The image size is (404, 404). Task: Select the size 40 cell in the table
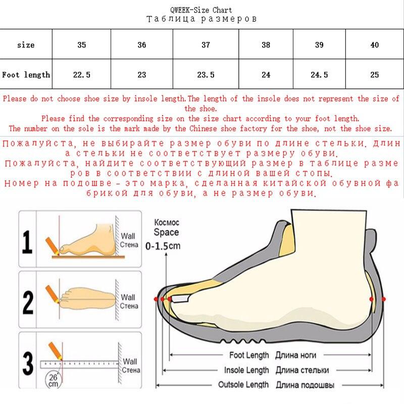pos(374,45)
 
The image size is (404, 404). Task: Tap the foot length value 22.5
pos(82,75)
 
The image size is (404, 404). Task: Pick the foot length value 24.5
pos(319,75)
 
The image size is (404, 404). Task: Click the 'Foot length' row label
pos(26,75)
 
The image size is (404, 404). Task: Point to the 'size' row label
pos(26,45)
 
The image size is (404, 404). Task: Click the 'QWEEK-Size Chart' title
pos(201,10)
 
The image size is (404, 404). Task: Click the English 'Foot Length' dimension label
pos(249,356)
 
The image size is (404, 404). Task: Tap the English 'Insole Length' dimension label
pos(246,370)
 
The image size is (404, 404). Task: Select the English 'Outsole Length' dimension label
pos(243,385)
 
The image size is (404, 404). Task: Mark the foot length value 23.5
pos(206,75)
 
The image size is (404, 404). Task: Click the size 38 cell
pos(266,45)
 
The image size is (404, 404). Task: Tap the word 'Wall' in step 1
pos(129,235)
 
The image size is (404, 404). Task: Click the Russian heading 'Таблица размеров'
pos(201,19)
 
